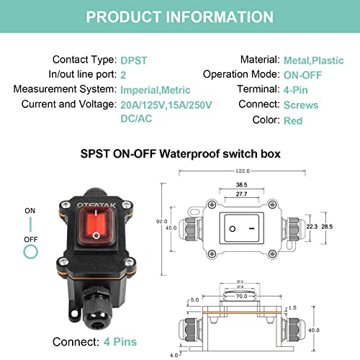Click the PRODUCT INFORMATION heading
click(180, 16)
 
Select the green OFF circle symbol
click(30, 251)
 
